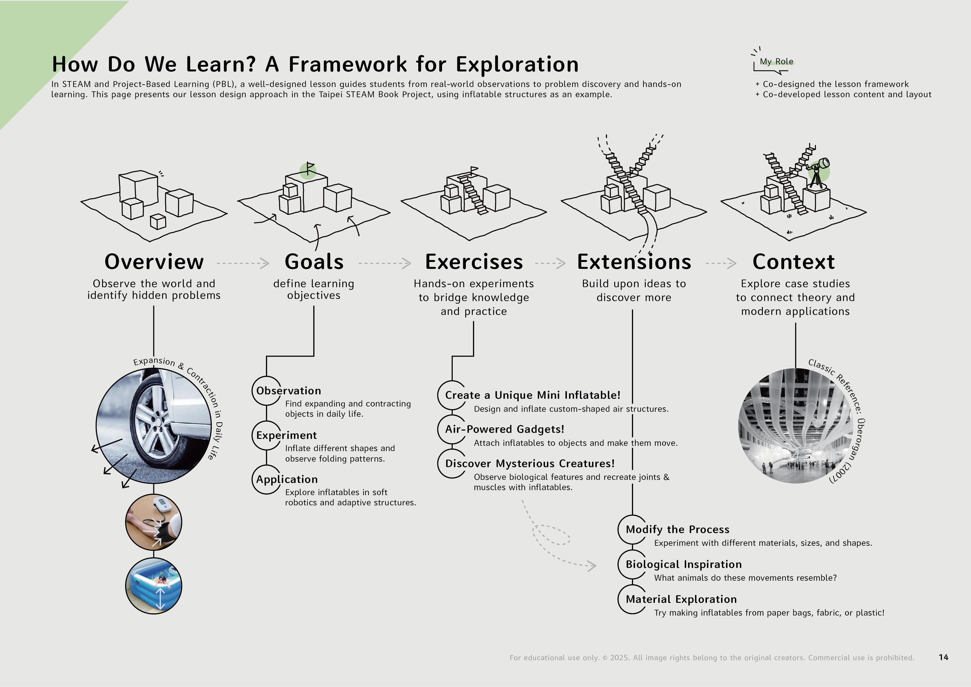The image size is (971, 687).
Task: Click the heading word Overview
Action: coord(154,262)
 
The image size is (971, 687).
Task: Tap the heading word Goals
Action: coord(314,262)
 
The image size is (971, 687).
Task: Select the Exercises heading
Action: coord(474,262)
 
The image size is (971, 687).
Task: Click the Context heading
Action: coord(793,262)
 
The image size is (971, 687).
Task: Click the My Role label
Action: coord(776,62)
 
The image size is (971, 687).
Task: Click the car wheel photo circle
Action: coord(154,426)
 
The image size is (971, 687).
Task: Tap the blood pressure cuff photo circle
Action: coord(154,523)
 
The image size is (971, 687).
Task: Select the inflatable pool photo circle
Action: coord(154,586)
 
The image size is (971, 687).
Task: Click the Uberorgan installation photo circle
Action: coord(795,426)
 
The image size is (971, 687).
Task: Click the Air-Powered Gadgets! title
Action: coord(505,429)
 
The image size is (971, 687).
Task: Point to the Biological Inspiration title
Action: coord(683,565)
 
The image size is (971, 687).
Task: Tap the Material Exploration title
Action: coord(681,599)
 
